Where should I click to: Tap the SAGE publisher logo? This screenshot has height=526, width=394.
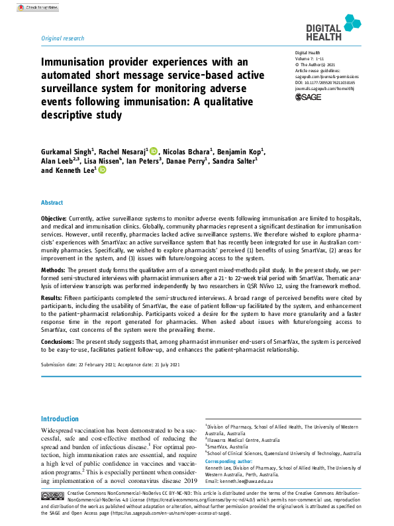tap(307, 97)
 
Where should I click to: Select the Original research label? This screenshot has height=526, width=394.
tap(63, 39)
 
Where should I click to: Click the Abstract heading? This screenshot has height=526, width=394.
tap(52, 203)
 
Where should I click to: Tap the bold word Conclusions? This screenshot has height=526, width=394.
tap(60, 341)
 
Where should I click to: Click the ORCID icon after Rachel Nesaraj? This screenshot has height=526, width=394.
tap(154, 151)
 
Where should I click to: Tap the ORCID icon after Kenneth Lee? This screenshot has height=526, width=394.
tap(103, 170)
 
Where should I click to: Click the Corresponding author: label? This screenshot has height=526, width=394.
tap(228, 461)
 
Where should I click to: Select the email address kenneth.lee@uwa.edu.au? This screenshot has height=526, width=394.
tap(258, 480)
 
